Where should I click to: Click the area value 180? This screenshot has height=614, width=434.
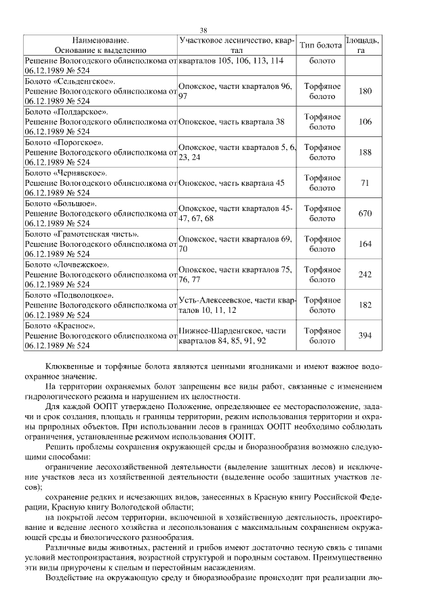point(365,91)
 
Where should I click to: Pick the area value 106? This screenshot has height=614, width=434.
point(365,121)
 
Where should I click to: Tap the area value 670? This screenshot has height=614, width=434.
point(365,213)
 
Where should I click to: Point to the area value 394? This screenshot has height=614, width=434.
point(365,335)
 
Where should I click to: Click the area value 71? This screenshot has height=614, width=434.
point(365,183)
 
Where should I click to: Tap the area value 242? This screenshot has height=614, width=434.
point(365,274)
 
